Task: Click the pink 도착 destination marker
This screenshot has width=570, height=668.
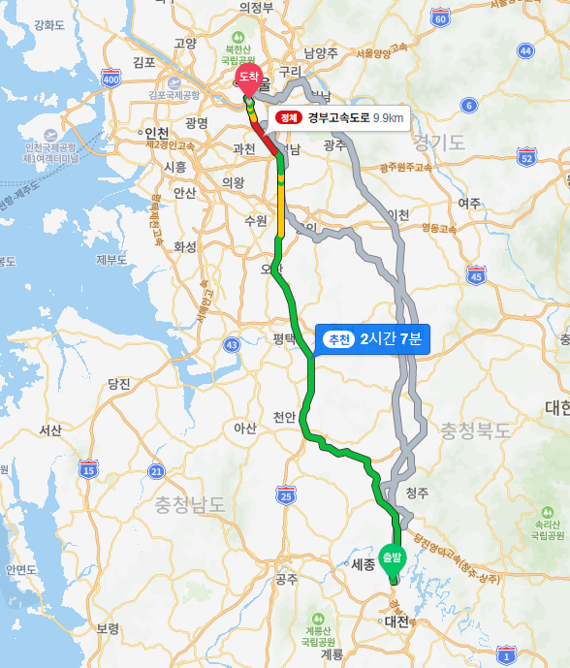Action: tap(249, 78)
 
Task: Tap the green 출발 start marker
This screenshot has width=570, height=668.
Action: tap(392, 557)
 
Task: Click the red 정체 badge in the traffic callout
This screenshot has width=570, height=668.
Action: tap(289, 118)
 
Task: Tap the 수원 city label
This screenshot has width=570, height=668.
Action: tap(255, 220)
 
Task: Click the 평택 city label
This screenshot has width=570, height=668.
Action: tap(283, 338)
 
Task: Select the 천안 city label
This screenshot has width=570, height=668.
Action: tap(283, 417)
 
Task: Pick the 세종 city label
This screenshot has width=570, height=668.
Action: tap(363, 564)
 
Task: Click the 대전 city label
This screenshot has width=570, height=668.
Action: tap(396, 620)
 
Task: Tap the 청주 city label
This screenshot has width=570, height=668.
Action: tap(417, 493)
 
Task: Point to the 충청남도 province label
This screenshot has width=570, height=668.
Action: tap(189, 504)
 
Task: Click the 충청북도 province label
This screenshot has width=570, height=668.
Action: tap(474, 429)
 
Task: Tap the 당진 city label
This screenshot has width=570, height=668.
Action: tap(119, 383)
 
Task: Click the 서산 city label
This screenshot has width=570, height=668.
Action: tap(49, 429)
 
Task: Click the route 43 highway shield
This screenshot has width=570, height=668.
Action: tap(231, 344)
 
